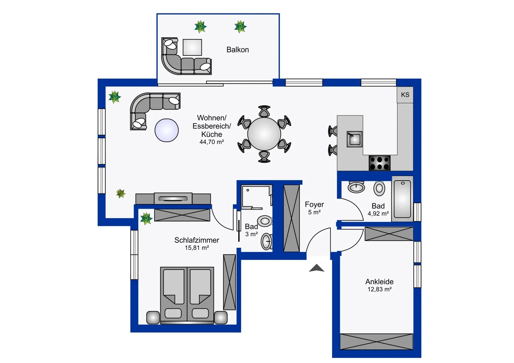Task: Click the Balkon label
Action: click(x=237, y=50)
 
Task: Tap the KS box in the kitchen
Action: click(x=405, y=95)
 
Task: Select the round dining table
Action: click(x=264, y=134)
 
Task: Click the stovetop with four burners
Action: click(x=380, y=163)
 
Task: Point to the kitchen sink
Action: click(x=355, y=139)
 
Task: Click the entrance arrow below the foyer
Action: click(x=317, y=268)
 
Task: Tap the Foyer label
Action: click(x=314, y=204)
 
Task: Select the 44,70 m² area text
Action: click(x=211, y=142)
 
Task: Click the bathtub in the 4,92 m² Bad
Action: click(x=402, y=199)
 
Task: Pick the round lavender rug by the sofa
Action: click(x=167, y=130)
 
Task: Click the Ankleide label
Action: click(x=379, y=281)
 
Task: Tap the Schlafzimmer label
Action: click(x=197, y=240)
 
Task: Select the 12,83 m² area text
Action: click(x=379, y=289)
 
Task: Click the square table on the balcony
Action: click(x=192, y=47)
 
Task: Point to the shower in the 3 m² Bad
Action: click(x=256, y=197)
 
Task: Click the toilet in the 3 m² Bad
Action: click(x=265, y=221)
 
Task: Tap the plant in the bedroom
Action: click(x=146, y=218)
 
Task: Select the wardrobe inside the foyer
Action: click(x=292, y=218)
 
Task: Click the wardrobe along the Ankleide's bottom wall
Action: click(x=376, y=341)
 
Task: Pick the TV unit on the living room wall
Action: click(x=173, y=199)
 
